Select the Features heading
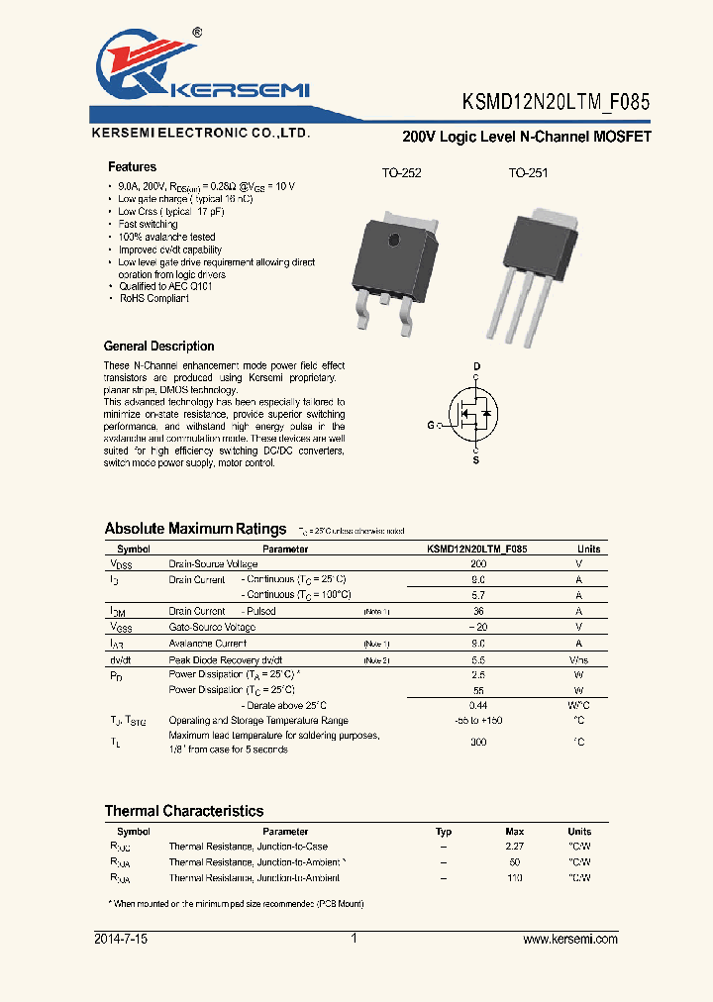click(132, 167)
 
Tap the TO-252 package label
click(401, 173)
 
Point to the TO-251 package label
click(528, 173)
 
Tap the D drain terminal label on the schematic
click(476, 367)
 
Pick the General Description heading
click(158, 347)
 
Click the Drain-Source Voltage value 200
click(477, 563)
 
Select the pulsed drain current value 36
click(477, 611)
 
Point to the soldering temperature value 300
click(477, 742)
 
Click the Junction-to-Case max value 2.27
click(514, 847)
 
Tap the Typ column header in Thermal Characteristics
click(444, 832)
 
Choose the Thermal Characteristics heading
click(184, 811)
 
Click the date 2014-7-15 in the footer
click(121, 939)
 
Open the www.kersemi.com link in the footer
click(569, 939)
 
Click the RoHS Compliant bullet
click(153, 298)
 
